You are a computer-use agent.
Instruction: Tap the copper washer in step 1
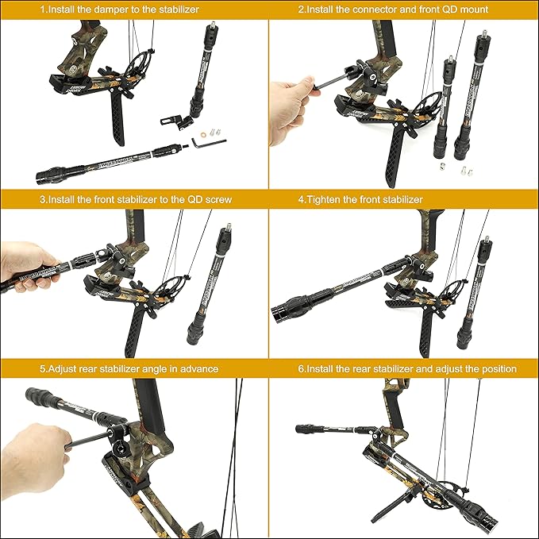pyautogui.click(x=213, y=125)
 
